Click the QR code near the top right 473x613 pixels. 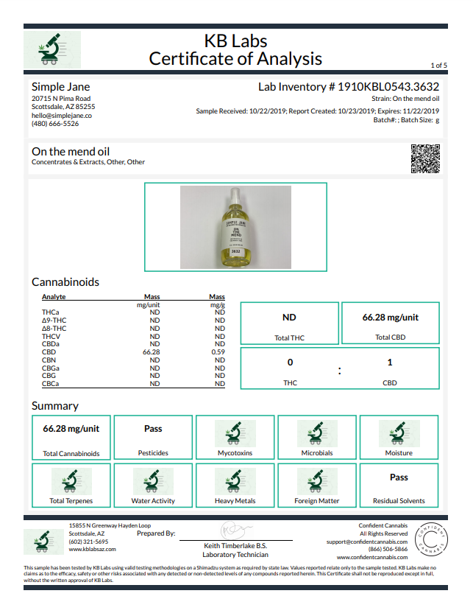click(425, 158)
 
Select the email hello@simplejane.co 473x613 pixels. click(62, 116)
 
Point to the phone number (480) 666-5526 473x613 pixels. click(55, 124)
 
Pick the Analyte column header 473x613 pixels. click(54, 296)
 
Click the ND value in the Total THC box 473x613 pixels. click(289, 318)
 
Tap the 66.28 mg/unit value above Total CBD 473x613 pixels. click(391, 318)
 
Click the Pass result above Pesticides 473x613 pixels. click(153, 428)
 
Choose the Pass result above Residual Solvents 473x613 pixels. click(399, 477)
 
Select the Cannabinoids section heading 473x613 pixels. click(65, 282)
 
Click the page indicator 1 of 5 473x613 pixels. click(438, 66)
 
